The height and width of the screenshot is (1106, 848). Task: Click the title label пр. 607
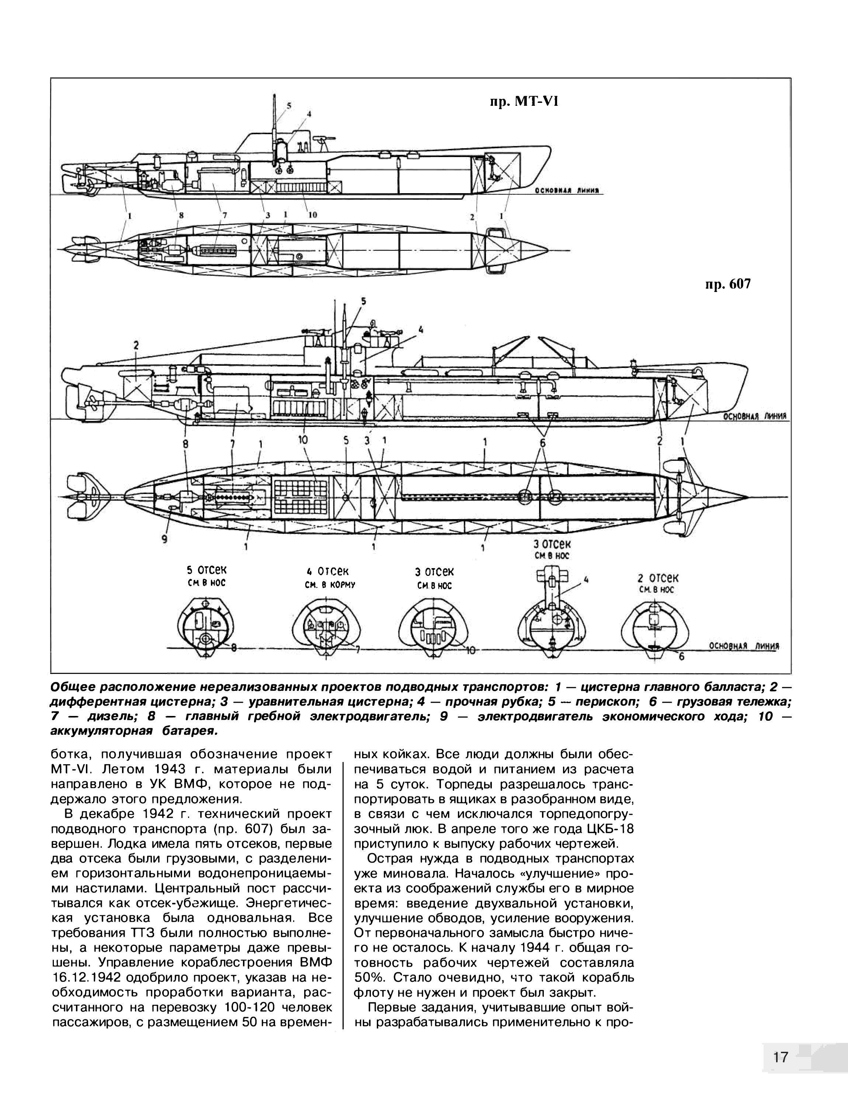pos(727,285)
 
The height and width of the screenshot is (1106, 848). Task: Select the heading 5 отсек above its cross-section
pos(206,570)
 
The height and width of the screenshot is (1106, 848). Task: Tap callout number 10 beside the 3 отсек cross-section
pos(470,651)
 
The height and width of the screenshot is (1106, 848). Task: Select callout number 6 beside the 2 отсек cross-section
pos(681,657)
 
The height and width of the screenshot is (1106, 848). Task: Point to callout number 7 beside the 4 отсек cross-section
pos(357,650)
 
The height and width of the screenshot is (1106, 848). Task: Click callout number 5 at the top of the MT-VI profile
pos(289,105)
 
